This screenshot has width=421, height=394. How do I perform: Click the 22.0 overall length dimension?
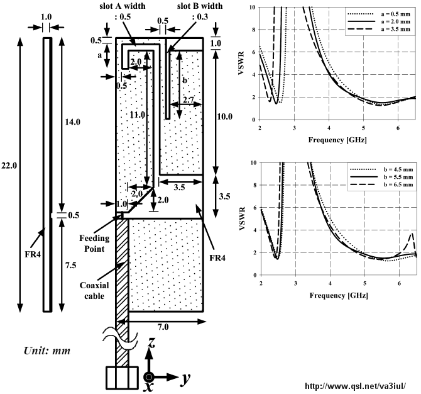click(9, 166)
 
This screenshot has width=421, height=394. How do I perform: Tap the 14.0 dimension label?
click(72, 122)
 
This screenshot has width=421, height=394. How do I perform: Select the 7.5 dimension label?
click(70, 266)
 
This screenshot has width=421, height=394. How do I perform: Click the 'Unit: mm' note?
click(47, 351)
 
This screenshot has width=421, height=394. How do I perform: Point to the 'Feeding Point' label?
click(94, 244)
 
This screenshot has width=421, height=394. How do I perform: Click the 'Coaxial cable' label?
click(94, 290)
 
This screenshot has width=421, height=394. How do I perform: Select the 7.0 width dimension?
click(163, 327)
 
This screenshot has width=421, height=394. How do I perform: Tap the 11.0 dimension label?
click(138, 115)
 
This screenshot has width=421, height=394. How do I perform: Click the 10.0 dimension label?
click(225, 116)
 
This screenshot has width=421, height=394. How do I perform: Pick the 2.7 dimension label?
click(189, 100)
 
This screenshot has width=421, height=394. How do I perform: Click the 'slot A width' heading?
click(123, 6)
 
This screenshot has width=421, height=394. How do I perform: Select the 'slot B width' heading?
click(200, 6)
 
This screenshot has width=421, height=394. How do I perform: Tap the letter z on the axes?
click(151, 342)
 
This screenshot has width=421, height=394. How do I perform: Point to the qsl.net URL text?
click(355, 386)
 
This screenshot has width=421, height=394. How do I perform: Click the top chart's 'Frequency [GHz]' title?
click(337, 140)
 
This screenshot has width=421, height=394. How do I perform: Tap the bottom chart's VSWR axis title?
click(242, 218)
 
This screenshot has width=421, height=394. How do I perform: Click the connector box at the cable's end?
click(123, 378)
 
